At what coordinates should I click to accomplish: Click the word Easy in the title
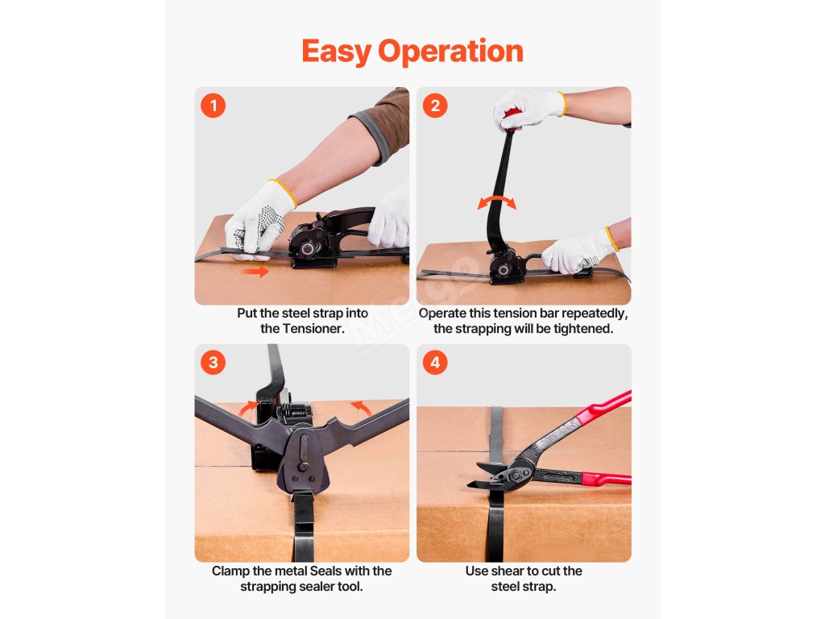tap(336, 52)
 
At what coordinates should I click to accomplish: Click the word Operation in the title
tap(450, 52)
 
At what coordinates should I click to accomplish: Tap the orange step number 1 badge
tap(213, 106)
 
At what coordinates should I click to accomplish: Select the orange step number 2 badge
tap(435, 106)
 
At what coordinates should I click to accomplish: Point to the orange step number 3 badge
tap(213, 363)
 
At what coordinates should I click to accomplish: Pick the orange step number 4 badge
tap(435, 363)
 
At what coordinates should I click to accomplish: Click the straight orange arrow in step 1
tap(255, 272)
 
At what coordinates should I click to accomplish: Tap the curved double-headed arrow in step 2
tap(496, 202)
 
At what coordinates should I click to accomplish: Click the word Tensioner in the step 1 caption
tap(313, 329)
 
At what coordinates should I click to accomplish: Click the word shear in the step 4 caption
tap(505, 571)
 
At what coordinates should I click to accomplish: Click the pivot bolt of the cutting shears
tap(514, 476)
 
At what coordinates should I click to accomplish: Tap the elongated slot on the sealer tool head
tap(303, 447)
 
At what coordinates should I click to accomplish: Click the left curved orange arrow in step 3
tap(248, 409)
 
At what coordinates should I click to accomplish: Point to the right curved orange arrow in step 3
tap(361, 408)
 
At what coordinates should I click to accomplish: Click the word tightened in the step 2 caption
tap(582, 329)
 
